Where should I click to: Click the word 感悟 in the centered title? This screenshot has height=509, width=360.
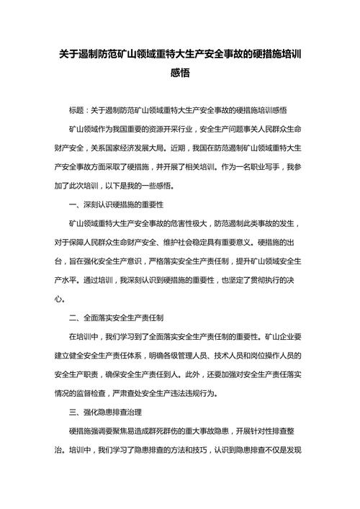[180, 73]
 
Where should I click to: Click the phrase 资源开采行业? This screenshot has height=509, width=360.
[158, 129]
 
